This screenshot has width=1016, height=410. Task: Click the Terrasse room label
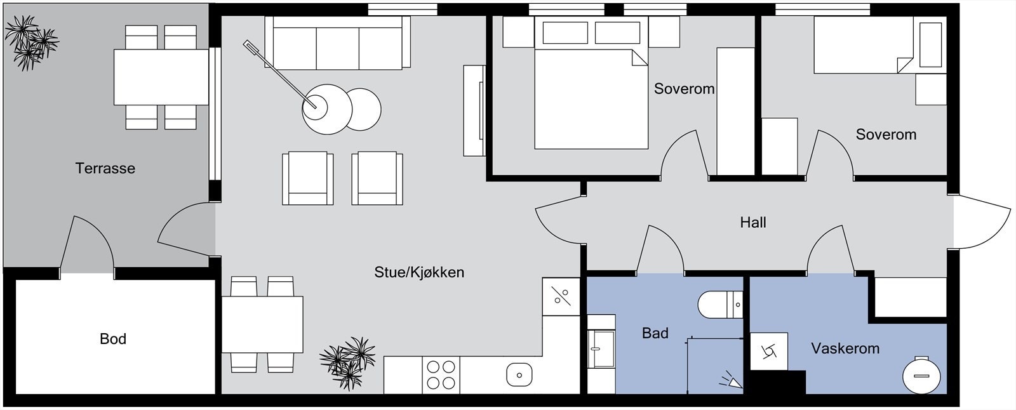pos(105,168)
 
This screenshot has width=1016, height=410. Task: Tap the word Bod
pos(113,339)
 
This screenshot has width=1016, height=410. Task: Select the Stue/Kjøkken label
pos(419,272)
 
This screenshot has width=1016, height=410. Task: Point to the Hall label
pos(753,222)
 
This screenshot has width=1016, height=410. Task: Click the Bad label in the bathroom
pos(655,333)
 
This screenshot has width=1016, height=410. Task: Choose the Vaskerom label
pos(845,348)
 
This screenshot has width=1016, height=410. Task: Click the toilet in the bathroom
pos(721,305)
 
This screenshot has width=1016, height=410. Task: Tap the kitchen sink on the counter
pos(519,374)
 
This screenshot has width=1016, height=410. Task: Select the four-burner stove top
pos(441,374)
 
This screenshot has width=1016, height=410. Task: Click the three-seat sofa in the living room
pos(337,43)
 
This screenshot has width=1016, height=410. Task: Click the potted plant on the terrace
pos(31,43)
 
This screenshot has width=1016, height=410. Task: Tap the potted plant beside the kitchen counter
pos(348,363)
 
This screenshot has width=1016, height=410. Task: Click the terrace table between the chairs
pos(161,77)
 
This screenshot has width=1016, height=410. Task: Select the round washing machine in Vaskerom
pos(921,376)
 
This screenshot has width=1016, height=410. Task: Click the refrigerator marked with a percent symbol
pos(561,296)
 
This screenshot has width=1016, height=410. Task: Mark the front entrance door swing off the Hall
pos(982,222)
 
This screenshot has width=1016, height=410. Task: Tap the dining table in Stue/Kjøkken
pos(262,324)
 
